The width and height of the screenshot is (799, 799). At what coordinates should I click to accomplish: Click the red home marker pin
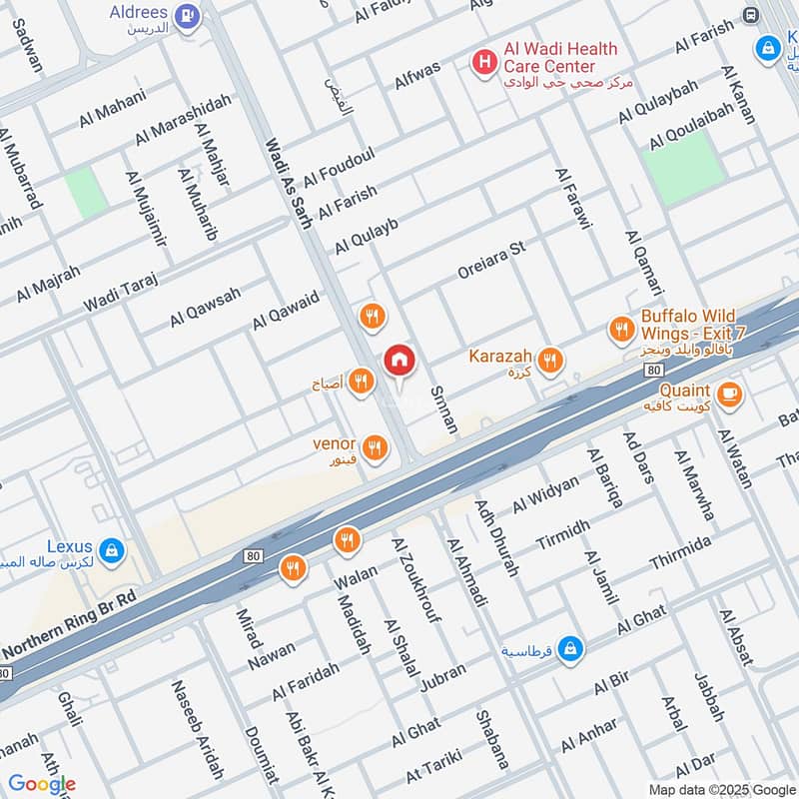(x=399, y=361)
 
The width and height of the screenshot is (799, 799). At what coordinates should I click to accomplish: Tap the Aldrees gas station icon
(x=186, y=16)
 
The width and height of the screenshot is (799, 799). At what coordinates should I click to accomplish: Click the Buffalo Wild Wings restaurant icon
(x=621, y=329)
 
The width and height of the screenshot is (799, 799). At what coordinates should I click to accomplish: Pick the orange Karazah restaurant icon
(x=549, y=360)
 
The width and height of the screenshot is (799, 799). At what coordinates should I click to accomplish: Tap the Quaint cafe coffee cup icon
(x=729, y=395)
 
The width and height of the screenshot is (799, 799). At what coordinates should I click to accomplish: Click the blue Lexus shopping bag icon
(x=111, y=549)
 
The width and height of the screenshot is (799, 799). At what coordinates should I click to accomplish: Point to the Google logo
(x=42, y=784)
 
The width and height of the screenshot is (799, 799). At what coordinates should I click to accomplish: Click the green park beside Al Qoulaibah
(x=683, y=163)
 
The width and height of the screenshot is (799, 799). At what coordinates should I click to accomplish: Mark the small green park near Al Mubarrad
(x=87, y=192)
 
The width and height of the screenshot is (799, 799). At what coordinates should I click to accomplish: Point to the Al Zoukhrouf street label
(x=416, y=579)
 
